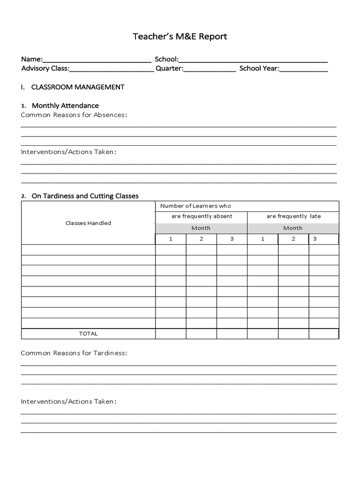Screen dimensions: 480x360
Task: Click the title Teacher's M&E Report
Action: (180, 37)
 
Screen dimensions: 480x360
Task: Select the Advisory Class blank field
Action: (112, 69)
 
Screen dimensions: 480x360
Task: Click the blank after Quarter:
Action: (210, 69)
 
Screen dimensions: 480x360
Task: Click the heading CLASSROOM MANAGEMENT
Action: (78, 87)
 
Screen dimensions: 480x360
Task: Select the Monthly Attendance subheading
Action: (65, 105)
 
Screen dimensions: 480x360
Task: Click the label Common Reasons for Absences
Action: (74, 115)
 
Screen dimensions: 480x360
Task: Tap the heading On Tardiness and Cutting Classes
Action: (85, 196)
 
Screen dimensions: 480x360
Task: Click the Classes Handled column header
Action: (88, 223)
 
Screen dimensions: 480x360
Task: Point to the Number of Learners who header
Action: (195, 206)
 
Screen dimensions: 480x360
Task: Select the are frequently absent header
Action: (202, 217)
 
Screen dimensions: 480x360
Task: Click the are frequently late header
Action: (293, 217)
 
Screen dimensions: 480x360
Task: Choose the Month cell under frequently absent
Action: (201, 228)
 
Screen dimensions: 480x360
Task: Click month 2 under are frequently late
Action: (293, 239)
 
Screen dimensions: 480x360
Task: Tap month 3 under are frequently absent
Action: (232, 239)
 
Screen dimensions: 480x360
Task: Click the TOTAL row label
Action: (88, 334)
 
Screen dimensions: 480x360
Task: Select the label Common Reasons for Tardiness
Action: (74, 353)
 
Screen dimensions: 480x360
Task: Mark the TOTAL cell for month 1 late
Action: (262, 334)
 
